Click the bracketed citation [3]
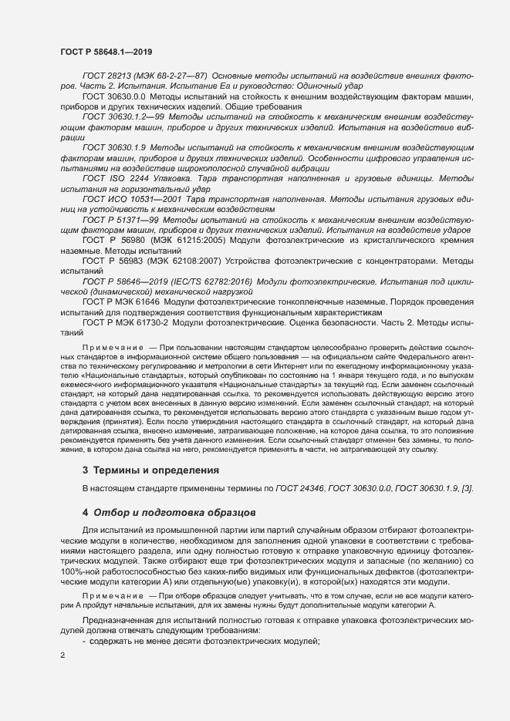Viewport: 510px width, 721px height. click(x=468, y=489)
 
